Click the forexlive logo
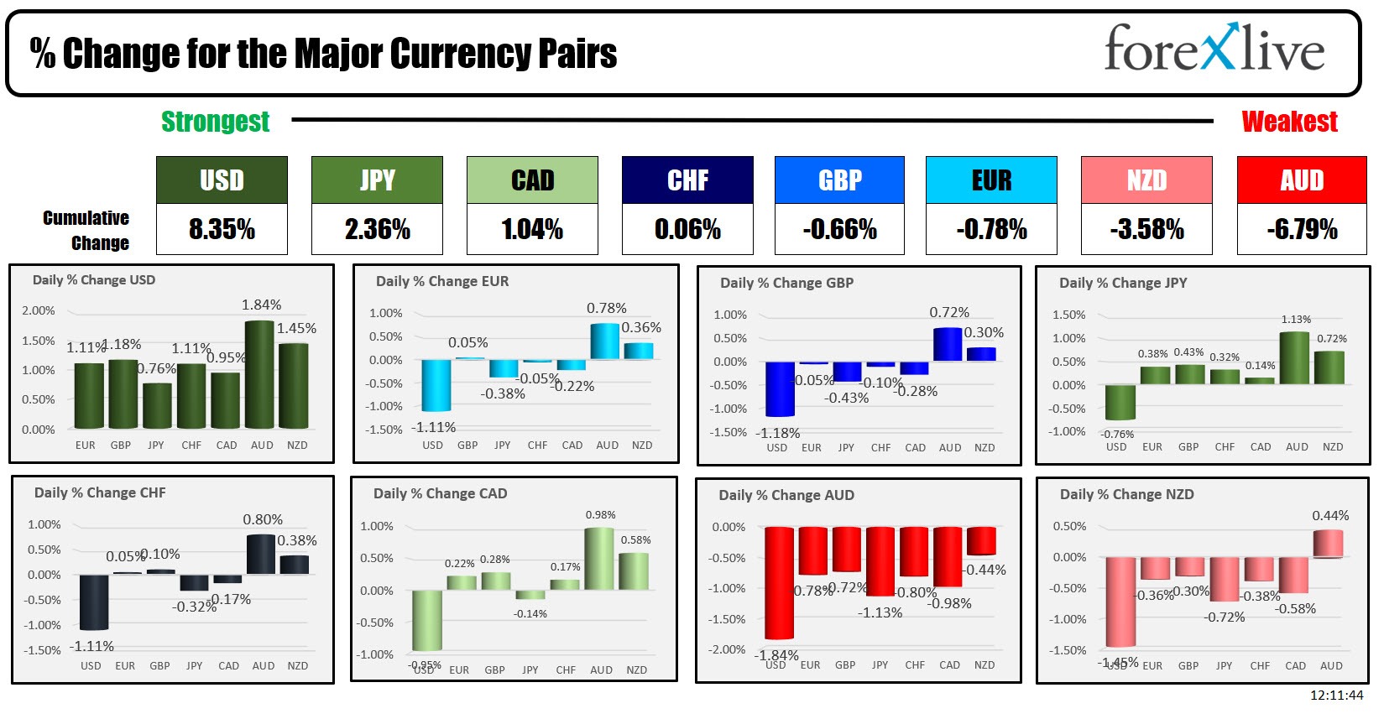click(1214, 49)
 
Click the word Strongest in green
click(215, 122)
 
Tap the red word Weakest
click(1288, 122)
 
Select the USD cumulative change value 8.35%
click(222, 229)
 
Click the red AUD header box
click(1301, 180)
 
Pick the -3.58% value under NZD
click(1146, 229)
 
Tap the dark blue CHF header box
click(687, 180)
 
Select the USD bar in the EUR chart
click(436, 385)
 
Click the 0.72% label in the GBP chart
click(948, 312)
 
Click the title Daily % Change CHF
click(100, 492)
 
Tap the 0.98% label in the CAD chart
click(600, 514)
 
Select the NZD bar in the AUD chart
click(981, 541)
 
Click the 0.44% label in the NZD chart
click(1330, 515)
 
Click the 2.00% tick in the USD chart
click(39, 310)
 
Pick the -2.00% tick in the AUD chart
click(727, 649)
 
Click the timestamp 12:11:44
click(1336, 695)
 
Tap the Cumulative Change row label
click(86, 230)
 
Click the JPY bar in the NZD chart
click(1224, 579)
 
